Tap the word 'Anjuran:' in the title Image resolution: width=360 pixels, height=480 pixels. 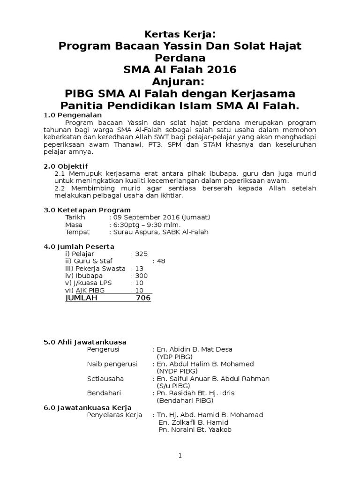(180, 82)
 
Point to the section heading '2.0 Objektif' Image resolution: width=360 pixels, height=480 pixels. (66, 166)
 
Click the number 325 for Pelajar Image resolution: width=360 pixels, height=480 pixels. (141, 254)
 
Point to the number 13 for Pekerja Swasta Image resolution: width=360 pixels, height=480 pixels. (139, 269)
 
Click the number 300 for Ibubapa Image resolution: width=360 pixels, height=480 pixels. (141, 276)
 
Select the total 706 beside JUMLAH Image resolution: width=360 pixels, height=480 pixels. (143, 298)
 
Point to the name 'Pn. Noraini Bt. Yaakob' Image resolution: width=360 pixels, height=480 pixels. (195, 430)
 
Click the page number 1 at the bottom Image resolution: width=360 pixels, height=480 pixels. (180, 456)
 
